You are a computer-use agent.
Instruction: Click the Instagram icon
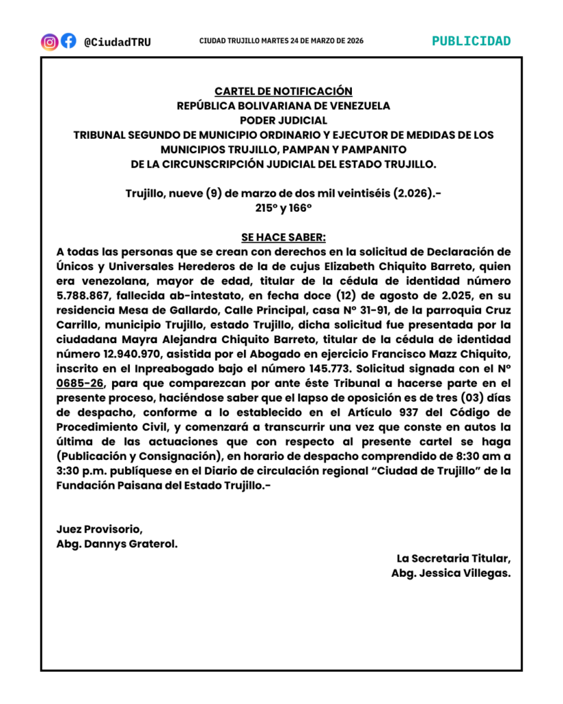pos(50,41)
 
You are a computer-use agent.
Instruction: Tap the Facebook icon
pos(68,41)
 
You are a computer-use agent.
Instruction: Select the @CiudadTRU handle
pos(117,42)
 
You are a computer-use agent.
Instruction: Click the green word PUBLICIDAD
pos(472,41)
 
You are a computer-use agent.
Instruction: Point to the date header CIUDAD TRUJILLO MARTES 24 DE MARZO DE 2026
pos(281,41)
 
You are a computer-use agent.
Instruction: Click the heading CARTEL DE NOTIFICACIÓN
pos(283,91)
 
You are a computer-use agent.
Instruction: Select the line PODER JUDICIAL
pos(283,120)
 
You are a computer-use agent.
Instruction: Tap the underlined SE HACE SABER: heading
pos(283,237)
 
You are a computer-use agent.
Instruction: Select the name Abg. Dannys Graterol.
pos(117,544)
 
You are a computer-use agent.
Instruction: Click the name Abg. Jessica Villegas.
pos(451,573)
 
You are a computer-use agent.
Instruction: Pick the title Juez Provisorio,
pos(100,529)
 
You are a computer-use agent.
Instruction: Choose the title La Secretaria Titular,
pos(454,558)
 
